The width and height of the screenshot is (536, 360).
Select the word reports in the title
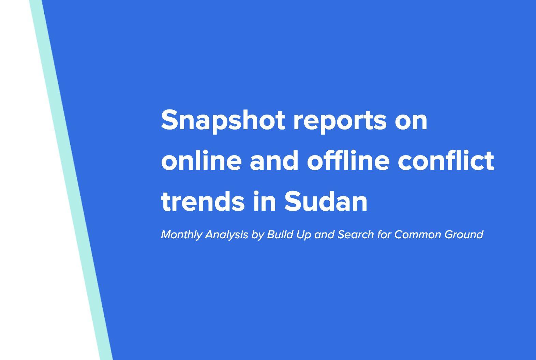point(340,120)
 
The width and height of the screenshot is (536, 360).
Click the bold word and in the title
point(274,161)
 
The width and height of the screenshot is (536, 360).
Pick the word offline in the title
point(348,161)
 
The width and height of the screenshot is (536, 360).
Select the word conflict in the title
point(446,161)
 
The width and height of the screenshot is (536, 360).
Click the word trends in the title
point(203,201)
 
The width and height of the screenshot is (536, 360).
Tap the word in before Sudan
point(265,201)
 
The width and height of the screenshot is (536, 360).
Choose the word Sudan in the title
point(326,201)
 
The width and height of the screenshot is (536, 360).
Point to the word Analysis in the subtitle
point(226,235)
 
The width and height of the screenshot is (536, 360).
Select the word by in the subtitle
point(258,235)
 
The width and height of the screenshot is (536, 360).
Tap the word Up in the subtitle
point(304,235)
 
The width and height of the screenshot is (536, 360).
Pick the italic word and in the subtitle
point(324,235)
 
